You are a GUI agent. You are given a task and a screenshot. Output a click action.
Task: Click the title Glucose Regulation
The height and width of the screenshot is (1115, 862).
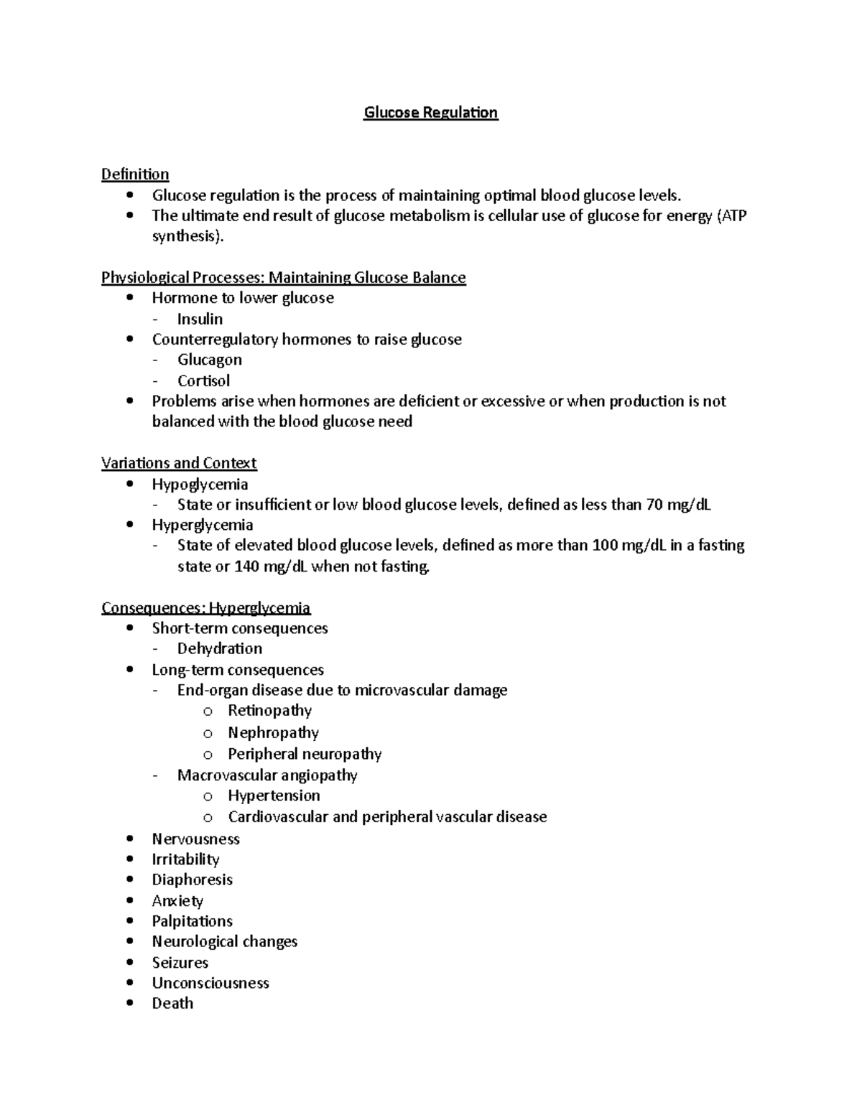tap(430, 113)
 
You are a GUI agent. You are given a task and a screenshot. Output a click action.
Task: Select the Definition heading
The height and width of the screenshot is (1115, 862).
tap(135, 174)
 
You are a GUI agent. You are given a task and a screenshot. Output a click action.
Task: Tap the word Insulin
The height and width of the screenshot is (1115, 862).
tap(200, 319)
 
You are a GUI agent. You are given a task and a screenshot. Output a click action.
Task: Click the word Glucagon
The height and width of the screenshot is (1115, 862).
tap(209, 360)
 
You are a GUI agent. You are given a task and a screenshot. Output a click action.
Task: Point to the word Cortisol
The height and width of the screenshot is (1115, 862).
tap(203, 381)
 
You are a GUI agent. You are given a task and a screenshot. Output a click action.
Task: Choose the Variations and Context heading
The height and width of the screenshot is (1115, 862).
tap(179, 463)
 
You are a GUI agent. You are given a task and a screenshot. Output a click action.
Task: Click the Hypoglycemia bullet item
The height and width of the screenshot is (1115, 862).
tap(200, 485)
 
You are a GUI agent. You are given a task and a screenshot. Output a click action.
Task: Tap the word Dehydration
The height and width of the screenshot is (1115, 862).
tap(219, 648)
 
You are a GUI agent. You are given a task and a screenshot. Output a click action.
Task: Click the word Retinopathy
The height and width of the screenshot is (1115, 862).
tap(269, 711)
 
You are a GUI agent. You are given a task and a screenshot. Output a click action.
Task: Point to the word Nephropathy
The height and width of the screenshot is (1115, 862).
tap(273, 732)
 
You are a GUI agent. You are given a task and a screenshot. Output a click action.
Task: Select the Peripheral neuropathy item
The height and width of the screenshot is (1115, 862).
tap(305, 754)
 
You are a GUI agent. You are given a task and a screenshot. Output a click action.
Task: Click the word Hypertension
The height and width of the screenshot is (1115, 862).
tap(274, 796)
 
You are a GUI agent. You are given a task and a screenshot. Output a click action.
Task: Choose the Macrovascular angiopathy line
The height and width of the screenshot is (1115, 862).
tap(267, 775)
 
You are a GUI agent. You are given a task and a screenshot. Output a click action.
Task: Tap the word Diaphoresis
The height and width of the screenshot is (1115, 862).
tap(192, 880)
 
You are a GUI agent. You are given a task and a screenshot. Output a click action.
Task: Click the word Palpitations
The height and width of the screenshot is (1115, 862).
tap(192, 921)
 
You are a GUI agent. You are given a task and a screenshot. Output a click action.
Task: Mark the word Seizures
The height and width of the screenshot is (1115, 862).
tap(180, 963)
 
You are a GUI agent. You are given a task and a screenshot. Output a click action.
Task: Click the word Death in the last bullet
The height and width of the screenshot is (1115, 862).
tap(172, 1004)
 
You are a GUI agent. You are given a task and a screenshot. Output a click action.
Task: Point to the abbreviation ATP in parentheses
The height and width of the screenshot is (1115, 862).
tap(733, 216)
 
